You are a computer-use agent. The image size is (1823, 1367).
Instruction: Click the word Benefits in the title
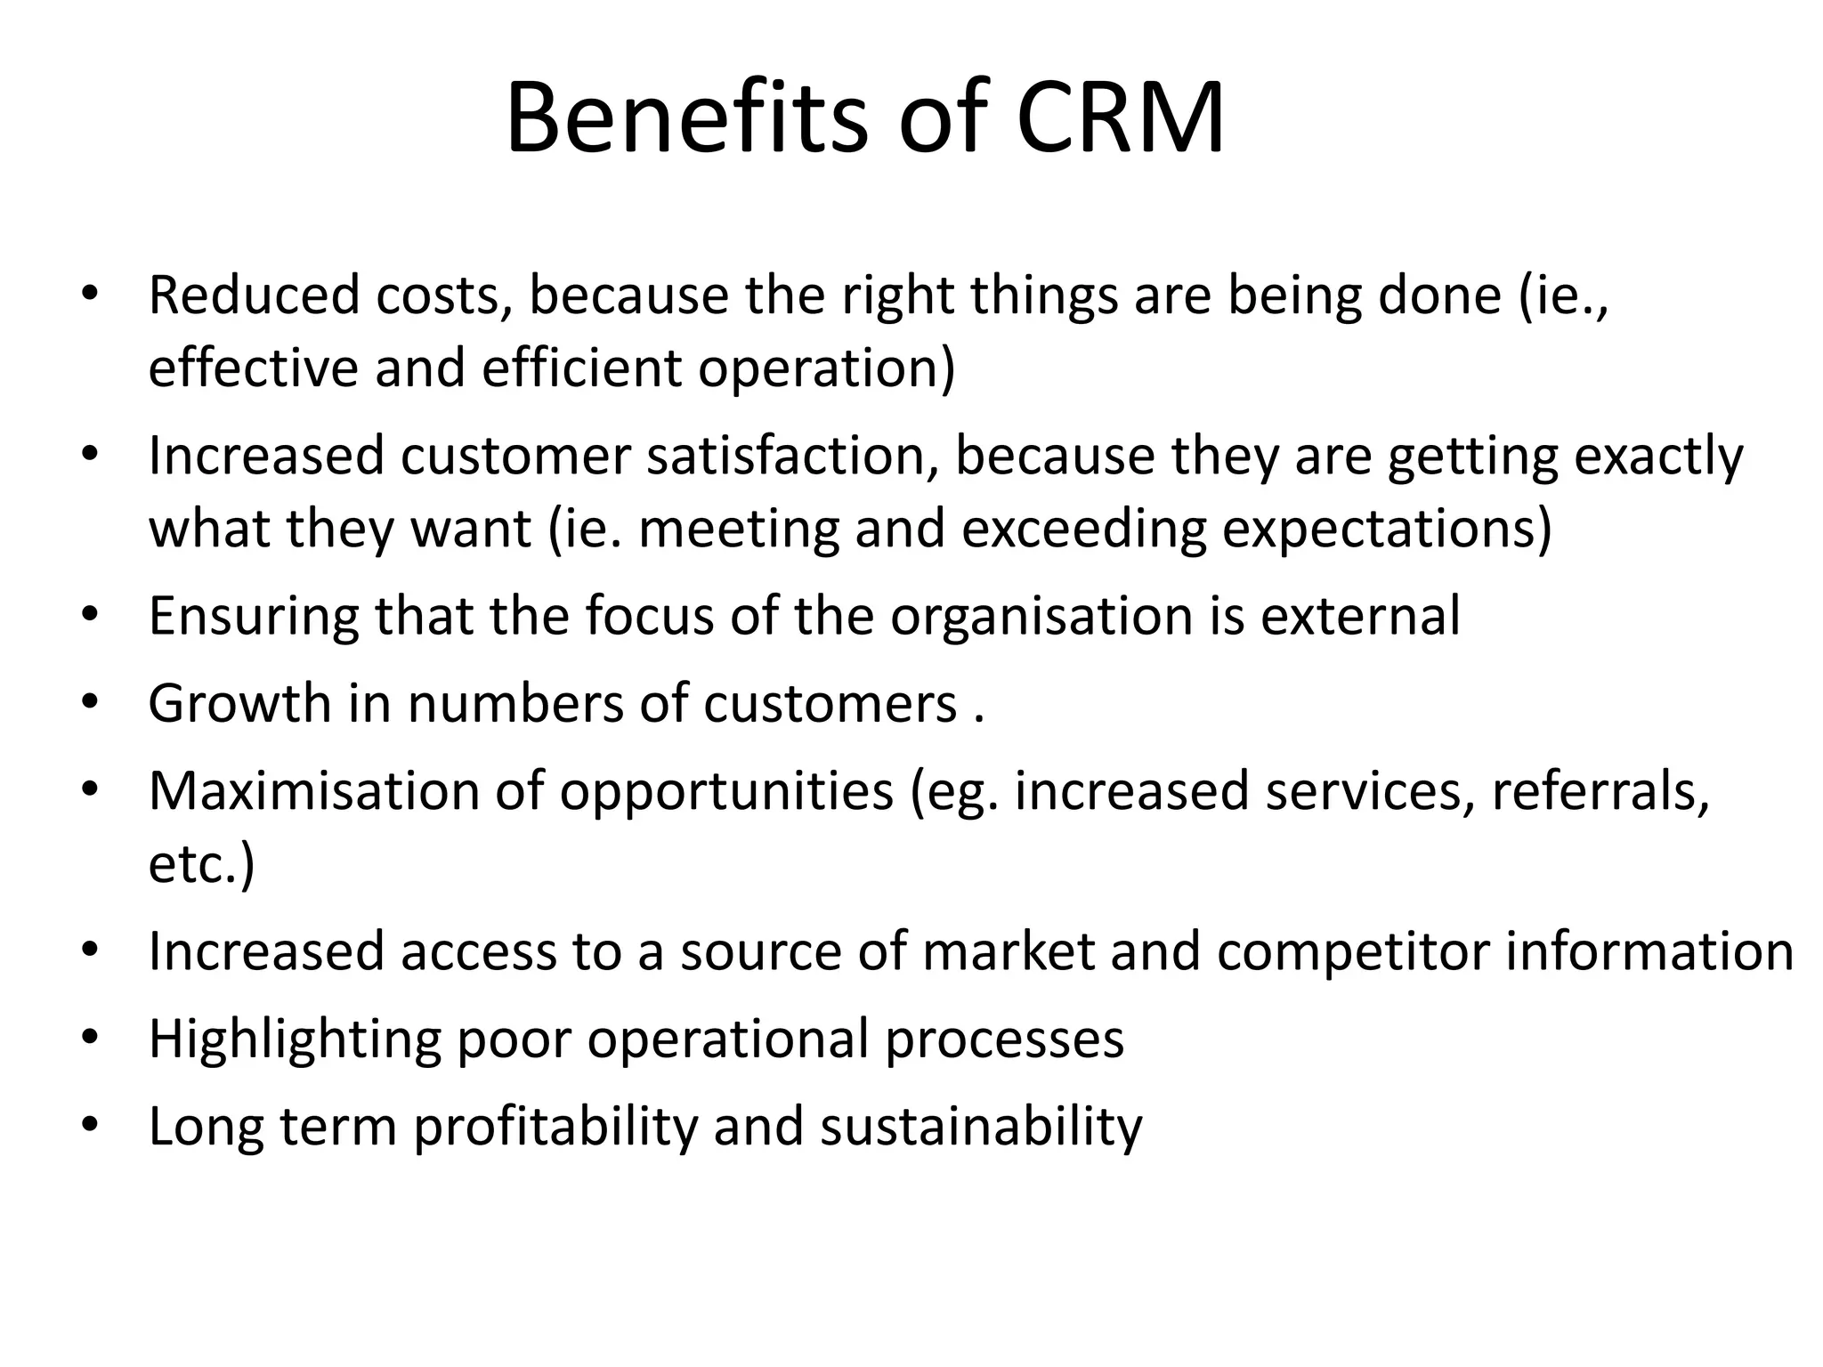pos(685,118)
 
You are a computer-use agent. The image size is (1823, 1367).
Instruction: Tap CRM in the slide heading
pos(1120,118)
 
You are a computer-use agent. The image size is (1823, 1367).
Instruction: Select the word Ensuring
pos(254,616)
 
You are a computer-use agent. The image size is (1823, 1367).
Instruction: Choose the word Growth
pos(239,703)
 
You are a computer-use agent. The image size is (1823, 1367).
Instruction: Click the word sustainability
pos(981,1126)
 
